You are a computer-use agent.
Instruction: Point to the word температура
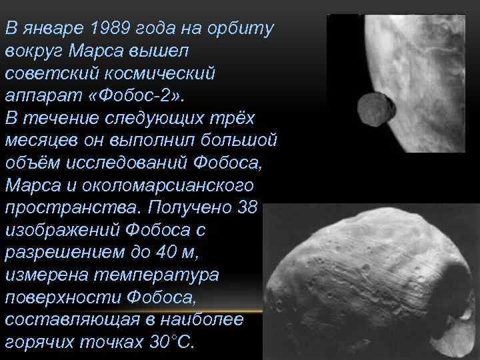coord(136,275)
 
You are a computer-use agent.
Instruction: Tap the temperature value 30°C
coord(170,343)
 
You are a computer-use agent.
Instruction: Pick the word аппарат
coord(36,95)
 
